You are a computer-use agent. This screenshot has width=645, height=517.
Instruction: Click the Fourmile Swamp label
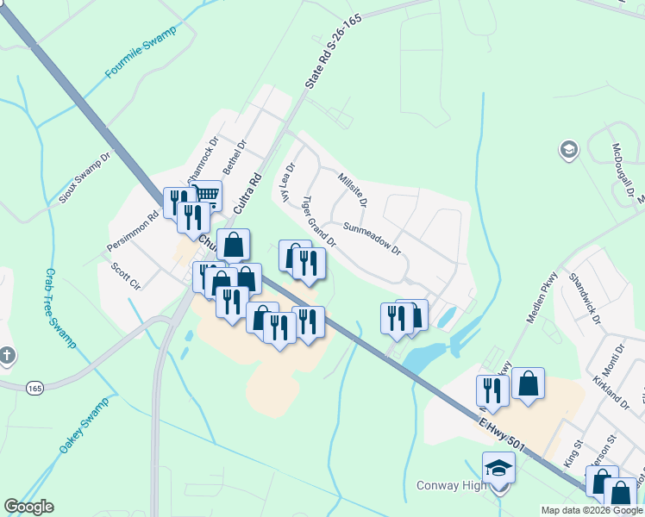point(141,53)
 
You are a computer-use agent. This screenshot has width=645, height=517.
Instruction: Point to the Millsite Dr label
point(353,190)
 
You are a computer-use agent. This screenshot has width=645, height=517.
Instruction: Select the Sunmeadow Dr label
point(373,239)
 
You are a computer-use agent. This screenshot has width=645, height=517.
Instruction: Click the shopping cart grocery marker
point(205,195)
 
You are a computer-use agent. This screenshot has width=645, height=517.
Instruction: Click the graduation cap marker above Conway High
point(498,467)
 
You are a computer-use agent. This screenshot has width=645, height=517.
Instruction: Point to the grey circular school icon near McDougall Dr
point(568,150)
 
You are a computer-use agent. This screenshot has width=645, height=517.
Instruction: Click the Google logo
point(29,507)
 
